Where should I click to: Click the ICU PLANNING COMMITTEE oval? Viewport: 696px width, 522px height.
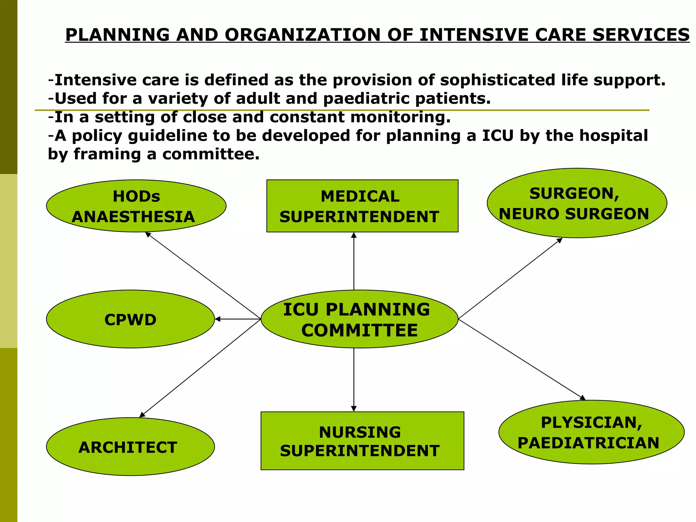click(359, 319)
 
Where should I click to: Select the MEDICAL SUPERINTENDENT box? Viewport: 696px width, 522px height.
click(362, 206)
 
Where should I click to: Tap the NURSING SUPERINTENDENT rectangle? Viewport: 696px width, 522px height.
click(362, 441)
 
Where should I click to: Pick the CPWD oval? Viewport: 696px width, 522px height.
click(130, 319)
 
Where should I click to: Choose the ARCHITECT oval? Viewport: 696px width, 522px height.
click(130, 447)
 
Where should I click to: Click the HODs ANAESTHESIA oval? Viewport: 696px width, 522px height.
click(136, 206)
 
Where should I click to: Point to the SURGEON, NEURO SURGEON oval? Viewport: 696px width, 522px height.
click(577, 203)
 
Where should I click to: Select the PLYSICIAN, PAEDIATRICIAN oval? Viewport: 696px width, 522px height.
click(591, 432)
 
